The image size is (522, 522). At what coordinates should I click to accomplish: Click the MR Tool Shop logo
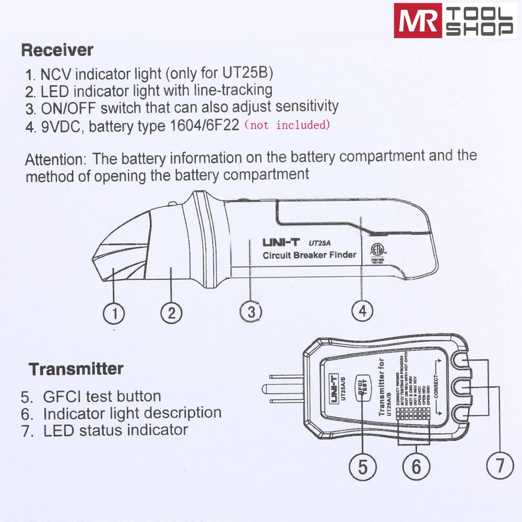tap(455, 21)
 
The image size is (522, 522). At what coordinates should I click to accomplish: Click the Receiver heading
tap(57, 51)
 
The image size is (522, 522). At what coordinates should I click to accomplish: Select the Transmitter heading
tap(76, 369)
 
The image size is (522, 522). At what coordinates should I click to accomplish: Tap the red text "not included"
tap(288, 125)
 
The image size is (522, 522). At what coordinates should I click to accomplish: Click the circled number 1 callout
tap(114, 313)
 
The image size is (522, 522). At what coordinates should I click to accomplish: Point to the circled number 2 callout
tap(171, 313)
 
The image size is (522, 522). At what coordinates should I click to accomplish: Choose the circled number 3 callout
tap(251, 312)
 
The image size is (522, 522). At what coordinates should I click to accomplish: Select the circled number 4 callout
tap(362, 311)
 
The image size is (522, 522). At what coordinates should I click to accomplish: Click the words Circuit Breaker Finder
tap(309, 255)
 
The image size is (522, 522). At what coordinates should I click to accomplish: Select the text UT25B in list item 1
tap(253, 71)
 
